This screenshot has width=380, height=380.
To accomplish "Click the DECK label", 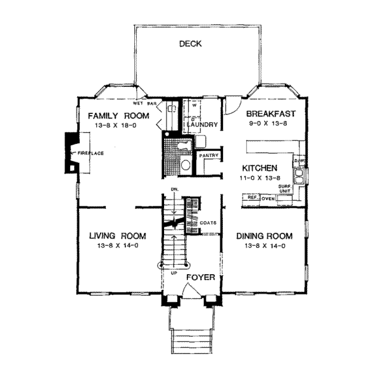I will tap(190, 44).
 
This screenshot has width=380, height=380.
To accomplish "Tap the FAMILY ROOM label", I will tap(118, 116).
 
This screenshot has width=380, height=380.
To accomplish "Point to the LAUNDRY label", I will tap(203, 125).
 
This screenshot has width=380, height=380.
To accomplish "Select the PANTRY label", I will tap(208, 155).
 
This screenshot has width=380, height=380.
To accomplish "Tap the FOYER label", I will tap(201, 278).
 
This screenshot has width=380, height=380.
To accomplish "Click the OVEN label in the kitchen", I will tap(268, 199).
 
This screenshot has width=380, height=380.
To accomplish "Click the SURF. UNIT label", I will tap(285, 188).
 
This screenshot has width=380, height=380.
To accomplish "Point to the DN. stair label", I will tap(175, 189).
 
